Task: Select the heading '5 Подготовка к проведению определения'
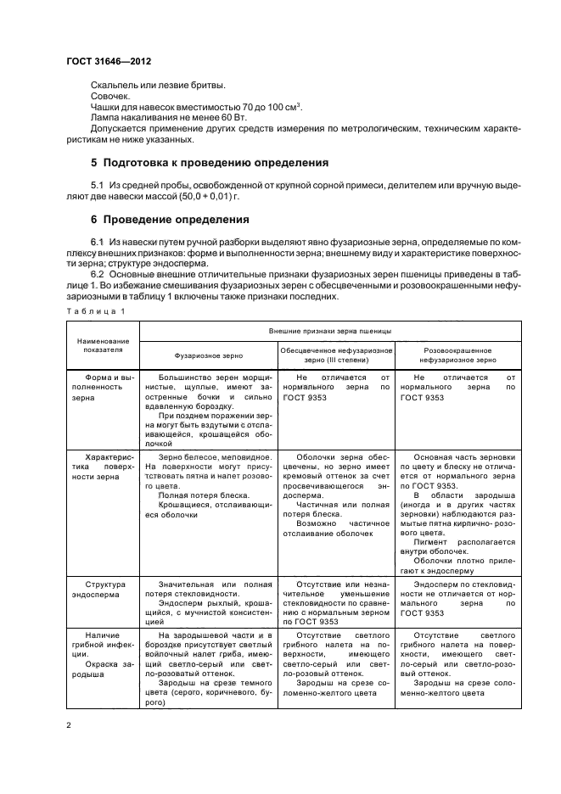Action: click(x=197, y=161)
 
